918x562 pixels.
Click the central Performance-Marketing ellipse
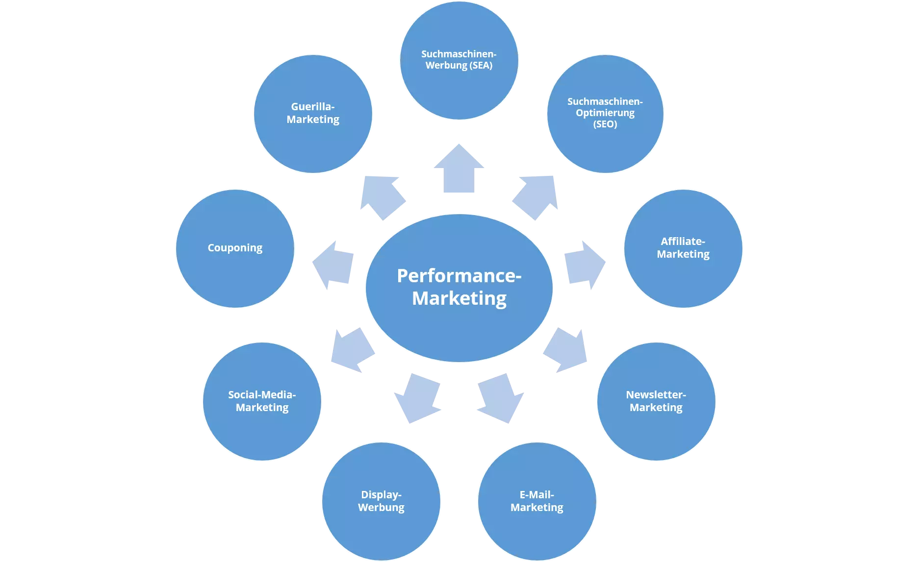tap(459, 288)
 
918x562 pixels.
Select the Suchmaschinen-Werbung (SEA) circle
tap(459, 60)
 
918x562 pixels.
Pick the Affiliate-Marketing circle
tap(683, 248)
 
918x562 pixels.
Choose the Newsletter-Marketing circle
tap(656, 401)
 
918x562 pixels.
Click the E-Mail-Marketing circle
tap(537, 501)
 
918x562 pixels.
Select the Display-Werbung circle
tap(381, 501)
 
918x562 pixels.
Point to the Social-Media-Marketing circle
tap(262, 401)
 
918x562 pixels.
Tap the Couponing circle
tap(235, 248)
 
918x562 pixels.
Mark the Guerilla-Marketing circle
tap(313, 114)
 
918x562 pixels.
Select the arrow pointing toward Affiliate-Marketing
tap(584, 265)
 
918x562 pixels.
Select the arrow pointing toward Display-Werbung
tap(418, 398)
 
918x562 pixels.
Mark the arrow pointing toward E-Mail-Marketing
tap(500, 398)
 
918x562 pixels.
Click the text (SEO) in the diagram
tap(605, 124)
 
